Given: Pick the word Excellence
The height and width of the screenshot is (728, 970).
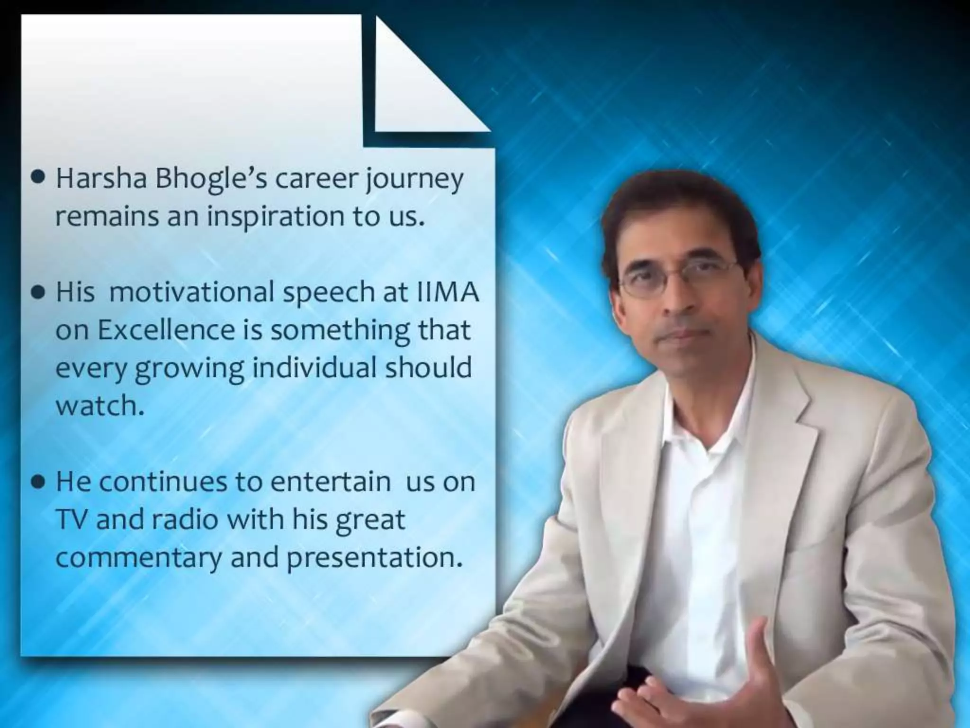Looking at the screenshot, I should pyautogui.click(x=166, y=330).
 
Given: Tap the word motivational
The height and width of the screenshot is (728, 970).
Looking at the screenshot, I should pyautogui.click(x=191, y=292).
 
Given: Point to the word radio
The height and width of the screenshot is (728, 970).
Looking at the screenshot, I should pyautogui.click(x=185, y=520).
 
